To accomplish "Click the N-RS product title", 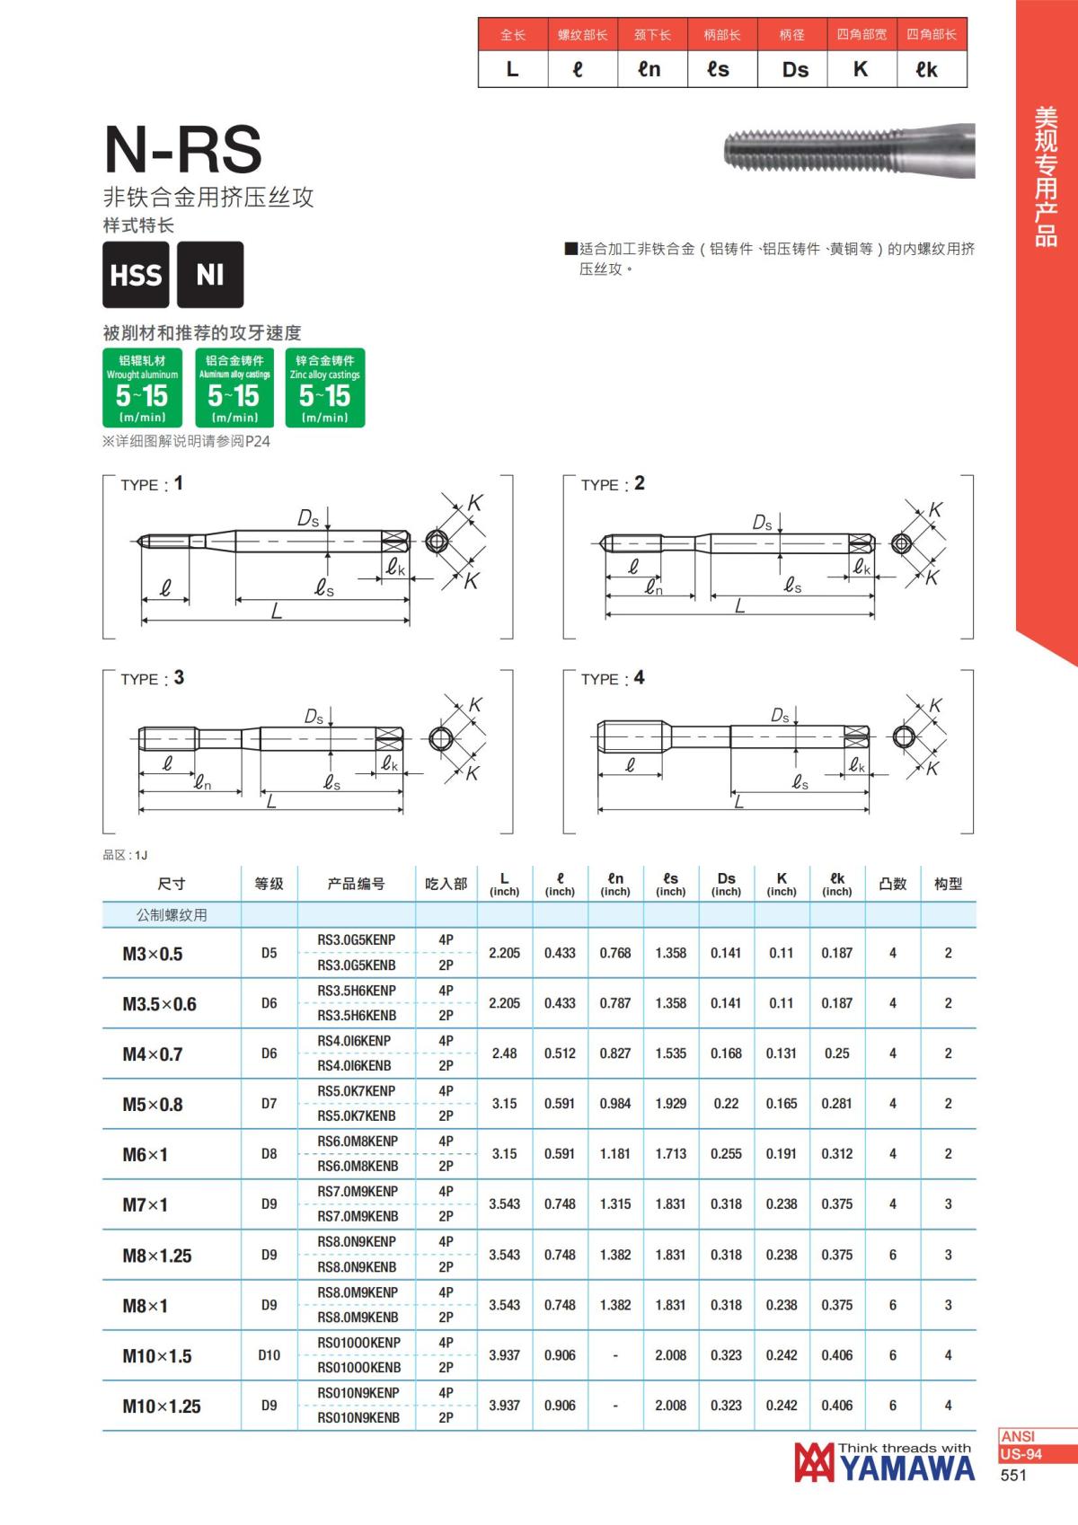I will [183, 149].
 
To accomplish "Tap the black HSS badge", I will [136, 275].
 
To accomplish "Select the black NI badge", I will [210, 275].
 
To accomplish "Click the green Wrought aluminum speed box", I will [142, 388].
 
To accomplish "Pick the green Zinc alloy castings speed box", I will [324, 388].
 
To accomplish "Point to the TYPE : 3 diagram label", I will [152, 678].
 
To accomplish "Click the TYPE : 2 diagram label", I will [613, 484].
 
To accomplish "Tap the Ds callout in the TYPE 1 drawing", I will [308, 519].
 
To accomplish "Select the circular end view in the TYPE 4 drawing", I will [904, 737].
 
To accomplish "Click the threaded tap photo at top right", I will [848, 148].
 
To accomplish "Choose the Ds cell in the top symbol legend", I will [795, 70].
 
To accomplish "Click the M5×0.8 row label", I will [153, 1105].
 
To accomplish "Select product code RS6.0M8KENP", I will [357, 1142].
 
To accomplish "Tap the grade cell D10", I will [269, 1355].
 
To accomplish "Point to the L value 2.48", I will [504, 1053].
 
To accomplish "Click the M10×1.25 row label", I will [162, 1406].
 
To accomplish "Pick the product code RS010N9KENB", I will [358, 1418].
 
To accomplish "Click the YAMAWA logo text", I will [907, 1468].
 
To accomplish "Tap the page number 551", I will [1013, 1476].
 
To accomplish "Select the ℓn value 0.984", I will [615, 1104].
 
